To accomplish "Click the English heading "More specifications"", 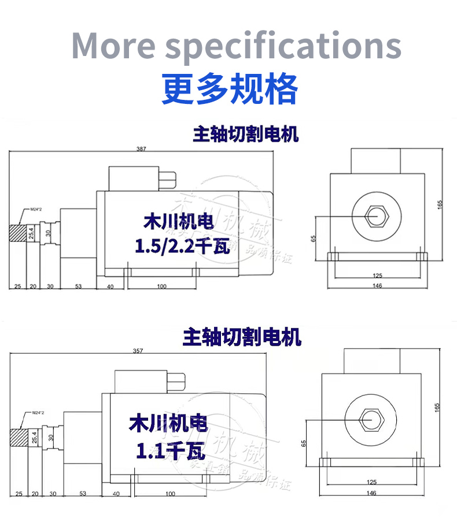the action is pos(236,45).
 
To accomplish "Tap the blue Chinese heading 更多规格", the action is pos(230,88).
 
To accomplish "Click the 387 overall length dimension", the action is pos(141,149).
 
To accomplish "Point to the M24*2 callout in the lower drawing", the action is pos(38,412).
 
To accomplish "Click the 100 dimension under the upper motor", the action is pos(161,286).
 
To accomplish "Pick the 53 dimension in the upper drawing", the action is pos(79,286).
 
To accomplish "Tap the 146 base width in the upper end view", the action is pos(377,286).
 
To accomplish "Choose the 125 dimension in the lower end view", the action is pos(372,481).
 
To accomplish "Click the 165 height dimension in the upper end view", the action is pos(440,204).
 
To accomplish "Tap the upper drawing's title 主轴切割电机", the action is pos(245,135).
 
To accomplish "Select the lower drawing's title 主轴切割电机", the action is pos(242,337).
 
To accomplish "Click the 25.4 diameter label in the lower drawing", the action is pos(33,437).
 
